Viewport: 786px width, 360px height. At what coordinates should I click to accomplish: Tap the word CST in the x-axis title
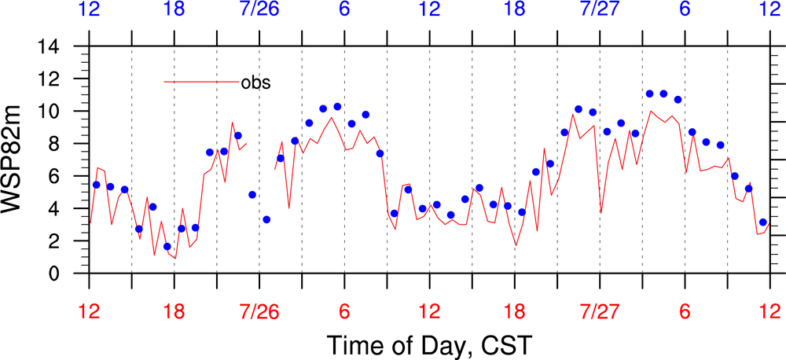click(505, 344)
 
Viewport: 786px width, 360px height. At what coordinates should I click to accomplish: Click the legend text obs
click(255, 82)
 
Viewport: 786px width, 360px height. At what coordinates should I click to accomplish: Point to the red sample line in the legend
click(201, 82)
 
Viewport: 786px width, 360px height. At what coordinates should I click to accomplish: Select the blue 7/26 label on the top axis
click(259, 11)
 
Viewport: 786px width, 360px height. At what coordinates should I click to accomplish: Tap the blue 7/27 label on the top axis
click(600, 11)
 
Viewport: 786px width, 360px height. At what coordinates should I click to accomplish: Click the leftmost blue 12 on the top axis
click(90, 11)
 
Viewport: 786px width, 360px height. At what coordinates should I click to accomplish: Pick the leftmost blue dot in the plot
click(96, 185)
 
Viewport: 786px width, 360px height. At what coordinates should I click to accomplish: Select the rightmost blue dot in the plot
click(762, 222)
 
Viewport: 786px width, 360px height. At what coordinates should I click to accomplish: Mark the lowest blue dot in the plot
click(167, 247)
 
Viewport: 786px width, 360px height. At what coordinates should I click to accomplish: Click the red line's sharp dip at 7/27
click(601, 212)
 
